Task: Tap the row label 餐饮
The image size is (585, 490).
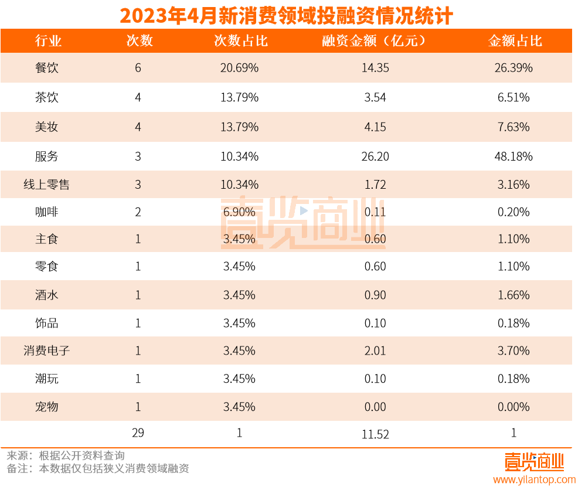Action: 47,68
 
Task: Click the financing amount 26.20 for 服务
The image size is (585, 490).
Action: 375,156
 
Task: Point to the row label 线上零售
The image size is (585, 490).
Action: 47,185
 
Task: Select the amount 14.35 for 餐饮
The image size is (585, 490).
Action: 375,68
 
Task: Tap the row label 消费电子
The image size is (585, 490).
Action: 47,351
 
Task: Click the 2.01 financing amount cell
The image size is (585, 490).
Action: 375,351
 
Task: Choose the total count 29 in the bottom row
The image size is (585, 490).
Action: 138,433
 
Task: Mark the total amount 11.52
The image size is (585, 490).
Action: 375,434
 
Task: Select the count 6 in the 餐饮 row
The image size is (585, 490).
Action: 138,68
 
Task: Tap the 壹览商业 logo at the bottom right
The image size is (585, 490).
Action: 534,462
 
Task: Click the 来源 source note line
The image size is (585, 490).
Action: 66,455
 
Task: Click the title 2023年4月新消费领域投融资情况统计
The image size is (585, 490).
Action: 286,15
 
